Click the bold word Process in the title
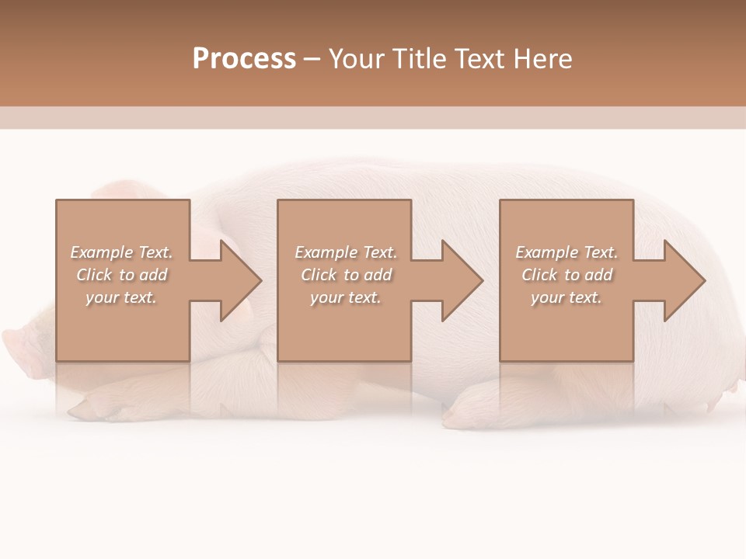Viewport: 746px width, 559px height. click(x=244, y=59)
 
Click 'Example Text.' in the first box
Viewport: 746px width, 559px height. click(x=121, y=252)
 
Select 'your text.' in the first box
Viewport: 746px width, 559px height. click(x=121, y=297)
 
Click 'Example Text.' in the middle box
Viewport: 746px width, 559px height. click(x=346, y=252)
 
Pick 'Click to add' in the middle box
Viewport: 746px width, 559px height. click(x=346, y=275)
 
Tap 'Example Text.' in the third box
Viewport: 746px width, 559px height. click(x=566, y=252)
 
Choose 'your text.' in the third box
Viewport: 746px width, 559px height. click(x=566, y=297)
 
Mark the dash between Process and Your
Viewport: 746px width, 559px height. click(x=312, y=59)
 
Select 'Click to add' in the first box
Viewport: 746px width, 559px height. click(x=121, y=275)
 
